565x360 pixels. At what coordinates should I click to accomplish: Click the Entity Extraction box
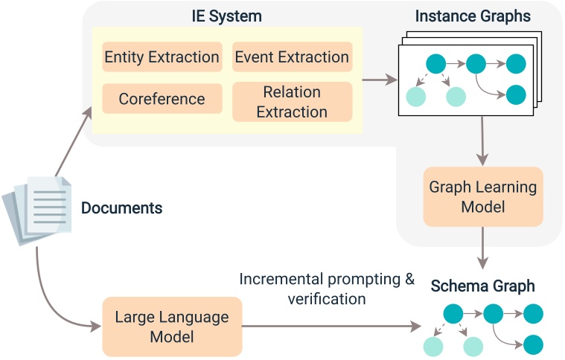162,57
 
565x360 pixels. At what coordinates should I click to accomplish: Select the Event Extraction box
292,57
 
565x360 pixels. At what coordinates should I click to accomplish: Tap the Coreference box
162,99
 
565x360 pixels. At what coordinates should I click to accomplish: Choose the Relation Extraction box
292,102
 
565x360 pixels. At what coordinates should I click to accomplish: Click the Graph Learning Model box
483,197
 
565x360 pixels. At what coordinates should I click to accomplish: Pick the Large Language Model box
172,327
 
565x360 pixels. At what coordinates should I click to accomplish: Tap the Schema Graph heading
482,286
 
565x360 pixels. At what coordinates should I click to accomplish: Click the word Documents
121,208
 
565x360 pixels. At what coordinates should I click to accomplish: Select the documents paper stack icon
39,208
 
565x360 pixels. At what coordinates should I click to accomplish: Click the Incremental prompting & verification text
326,289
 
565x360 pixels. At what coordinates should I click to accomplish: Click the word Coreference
162,99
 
